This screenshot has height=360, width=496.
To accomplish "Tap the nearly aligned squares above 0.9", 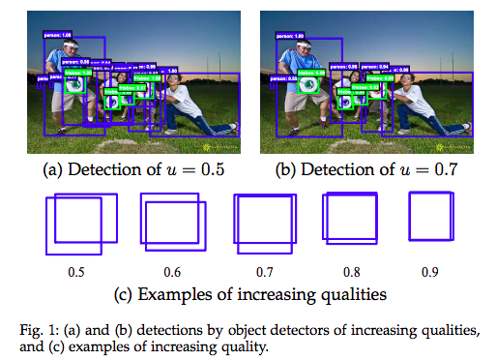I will tap(431, 215).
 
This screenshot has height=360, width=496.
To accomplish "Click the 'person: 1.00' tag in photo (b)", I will tap(291, 35).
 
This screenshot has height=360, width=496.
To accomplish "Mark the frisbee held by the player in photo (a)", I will tap(77, 84).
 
